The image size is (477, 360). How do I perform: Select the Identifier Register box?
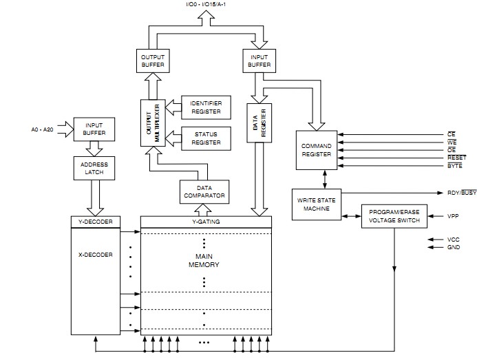tap(206, 107)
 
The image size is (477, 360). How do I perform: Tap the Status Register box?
tap(206, 138)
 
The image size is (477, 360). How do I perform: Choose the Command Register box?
tap(317, 150)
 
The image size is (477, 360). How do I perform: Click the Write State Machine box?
tap(316, 204)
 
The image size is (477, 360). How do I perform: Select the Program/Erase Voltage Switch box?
tap(394, 216)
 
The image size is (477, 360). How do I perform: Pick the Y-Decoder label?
tap(96, 222)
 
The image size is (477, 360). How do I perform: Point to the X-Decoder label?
tap(96, 255)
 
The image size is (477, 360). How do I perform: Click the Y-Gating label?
tap(206, 222)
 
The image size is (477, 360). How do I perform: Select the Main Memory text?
tap(206, 260)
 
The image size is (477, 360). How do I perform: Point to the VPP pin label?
tap(453, 216)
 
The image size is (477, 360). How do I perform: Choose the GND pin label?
tap(453, 247)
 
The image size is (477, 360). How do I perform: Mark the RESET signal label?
tap(455, 157)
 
